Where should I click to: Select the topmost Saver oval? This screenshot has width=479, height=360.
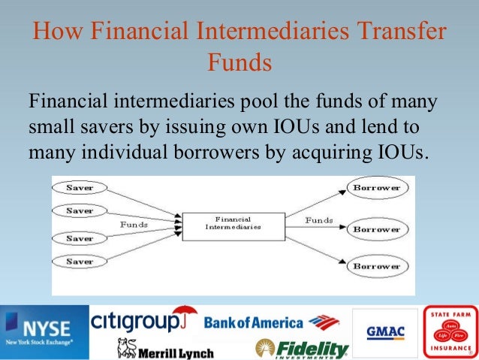80,186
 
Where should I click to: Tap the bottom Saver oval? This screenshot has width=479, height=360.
80,261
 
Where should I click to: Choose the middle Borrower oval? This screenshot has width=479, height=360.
377,228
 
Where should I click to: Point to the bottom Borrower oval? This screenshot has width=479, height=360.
377,266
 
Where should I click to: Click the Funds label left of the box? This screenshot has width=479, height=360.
134,224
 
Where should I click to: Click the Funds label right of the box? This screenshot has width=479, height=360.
319,220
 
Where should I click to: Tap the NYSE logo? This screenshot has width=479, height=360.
44,331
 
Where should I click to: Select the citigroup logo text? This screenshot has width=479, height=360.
136,322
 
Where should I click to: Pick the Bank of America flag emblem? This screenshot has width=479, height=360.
324,324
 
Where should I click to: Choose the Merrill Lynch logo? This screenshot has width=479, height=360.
165,349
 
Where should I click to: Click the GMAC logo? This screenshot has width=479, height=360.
386,331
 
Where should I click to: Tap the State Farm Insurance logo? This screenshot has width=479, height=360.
450,331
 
